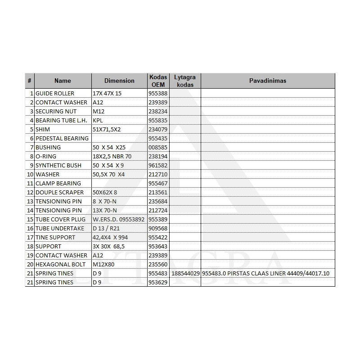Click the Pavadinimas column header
(268, 81)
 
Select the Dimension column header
(119, 81)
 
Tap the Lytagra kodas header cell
(185, 81)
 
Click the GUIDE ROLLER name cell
(55, 93)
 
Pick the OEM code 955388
(158, 93)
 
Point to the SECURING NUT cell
(56, 111)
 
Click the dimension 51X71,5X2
(107, 129)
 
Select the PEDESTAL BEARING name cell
(62, 138)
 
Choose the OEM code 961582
(158, 165)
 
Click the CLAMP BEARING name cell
(58, 183)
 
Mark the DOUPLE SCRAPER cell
(60, 192)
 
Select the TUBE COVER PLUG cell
(60, 219)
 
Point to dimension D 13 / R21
(106, 228)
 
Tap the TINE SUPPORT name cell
(55, 237)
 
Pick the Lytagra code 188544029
(185, 273)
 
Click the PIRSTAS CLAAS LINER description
(266, 273)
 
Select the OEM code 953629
(158, 282)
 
